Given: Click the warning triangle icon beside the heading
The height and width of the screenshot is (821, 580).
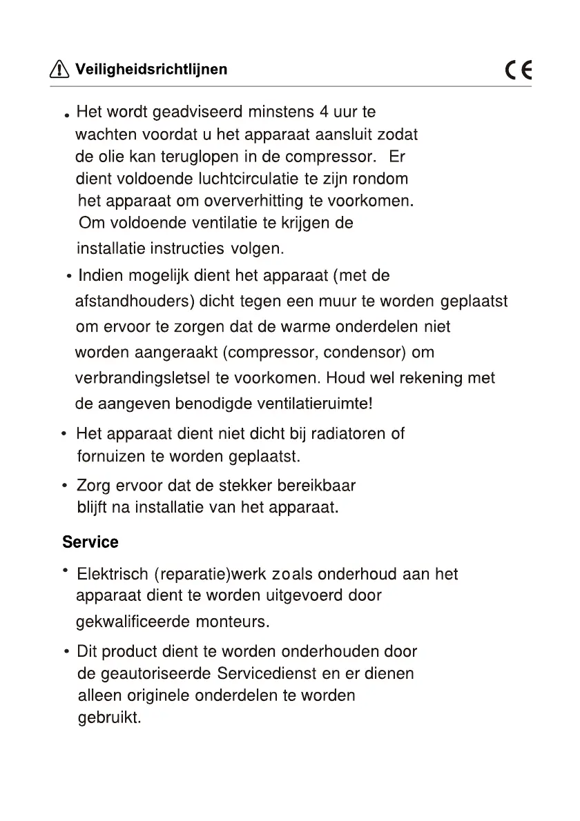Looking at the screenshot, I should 60,69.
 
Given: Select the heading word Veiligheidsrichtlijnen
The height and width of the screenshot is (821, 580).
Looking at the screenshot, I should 151,69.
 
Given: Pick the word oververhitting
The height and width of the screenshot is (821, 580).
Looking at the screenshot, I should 255,201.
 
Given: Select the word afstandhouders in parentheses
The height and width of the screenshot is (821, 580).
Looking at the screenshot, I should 134,302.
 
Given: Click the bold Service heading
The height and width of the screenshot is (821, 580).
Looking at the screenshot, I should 90,542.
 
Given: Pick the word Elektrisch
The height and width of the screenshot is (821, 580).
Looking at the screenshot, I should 113,574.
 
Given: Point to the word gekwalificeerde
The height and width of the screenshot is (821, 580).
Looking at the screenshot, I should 133,622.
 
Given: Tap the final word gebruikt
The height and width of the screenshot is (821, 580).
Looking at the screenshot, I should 109,718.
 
